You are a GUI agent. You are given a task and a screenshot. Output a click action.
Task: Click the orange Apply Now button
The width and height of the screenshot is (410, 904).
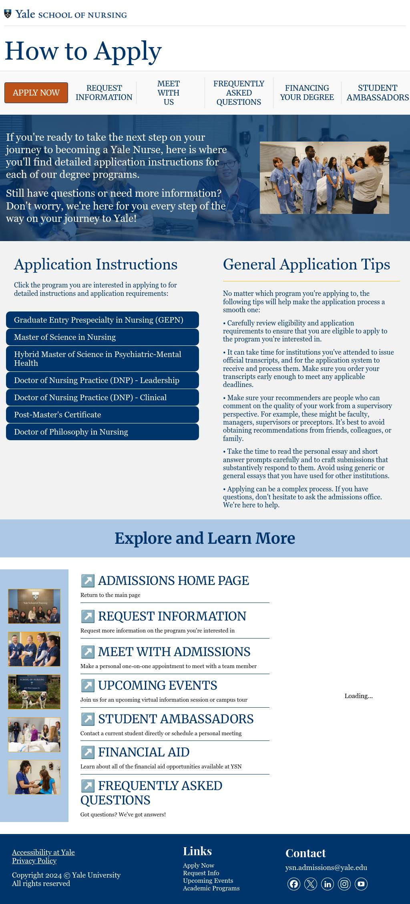pyautogui.click(x=36, y=93)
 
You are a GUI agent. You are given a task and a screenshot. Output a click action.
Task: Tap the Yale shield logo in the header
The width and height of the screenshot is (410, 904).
pyautogui.click(x=8, y=14)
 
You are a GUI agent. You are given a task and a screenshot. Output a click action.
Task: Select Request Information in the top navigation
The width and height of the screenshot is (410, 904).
pyautogui.click(x=104, y=93)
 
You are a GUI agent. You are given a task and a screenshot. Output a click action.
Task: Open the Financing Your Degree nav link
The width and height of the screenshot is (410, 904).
pyautogui.click(x=307, y=93)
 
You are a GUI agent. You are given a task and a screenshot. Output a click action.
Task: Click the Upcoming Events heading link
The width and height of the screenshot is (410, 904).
pyautogui.click(x=157, y=685)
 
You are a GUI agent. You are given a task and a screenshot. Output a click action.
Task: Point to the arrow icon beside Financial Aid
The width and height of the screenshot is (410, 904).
pyautogui.click(x=88, y=752)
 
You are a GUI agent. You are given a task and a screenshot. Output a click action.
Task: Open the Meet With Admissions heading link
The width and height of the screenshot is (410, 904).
pyautogui.click(x=174, y=652)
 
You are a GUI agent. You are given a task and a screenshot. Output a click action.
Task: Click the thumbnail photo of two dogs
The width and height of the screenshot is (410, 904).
pyautogui.click(x=34, y=692)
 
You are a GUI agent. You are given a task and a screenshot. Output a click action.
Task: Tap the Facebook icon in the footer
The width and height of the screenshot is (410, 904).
pyautogui.click(x=294, y=884)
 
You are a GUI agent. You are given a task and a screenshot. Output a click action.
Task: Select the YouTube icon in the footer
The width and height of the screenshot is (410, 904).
pyautogui.click(x=361, y=884)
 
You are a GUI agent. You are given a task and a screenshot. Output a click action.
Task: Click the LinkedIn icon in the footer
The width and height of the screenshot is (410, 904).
pyautogui.click(x=328, y=884)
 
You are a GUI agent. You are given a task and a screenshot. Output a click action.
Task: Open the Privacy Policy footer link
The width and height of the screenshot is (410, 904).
pyautogui.click(x=34, y=860)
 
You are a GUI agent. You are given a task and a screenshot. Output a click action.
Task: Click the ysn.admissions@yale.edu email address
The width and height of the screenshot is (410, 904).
pyautogui.click(x=326, y=867)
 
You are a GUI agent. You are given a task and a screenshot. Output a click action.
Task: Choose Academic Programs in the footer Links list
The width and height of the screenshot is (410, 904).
pyautogui.click(x=211, y=888)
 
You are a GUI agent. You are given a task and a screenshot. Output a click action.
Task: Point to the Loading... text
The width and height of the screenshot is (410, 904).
pyautogui.click(x=358, y=696)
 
